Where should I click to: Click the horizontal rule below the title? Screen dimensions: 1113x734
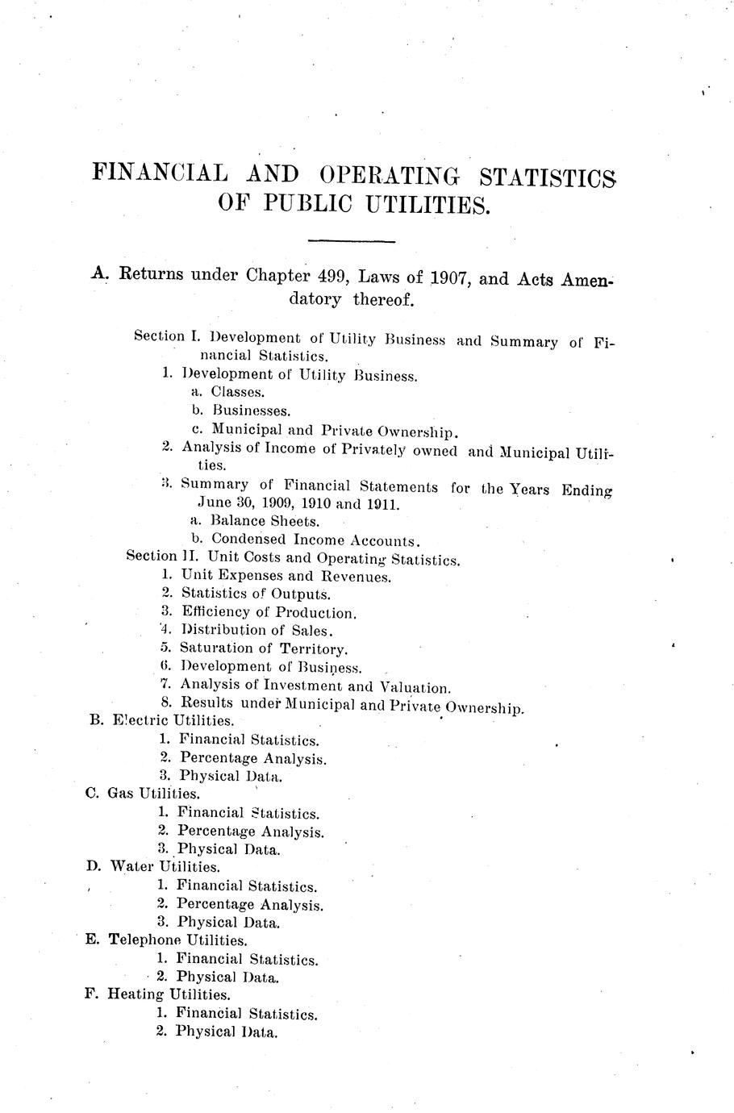[x=352, y=241]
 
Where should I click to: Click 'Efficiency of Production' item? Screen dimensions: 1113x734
[x=267, y=613]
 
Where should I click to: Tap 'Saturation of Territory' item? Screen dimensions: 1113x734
[x=263, y=649]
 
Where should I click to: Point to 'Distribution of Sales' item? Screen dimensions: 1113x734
[x=256, y=631]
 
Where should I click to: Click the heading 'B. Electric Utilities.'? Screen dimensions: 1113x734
[x=161, y=720]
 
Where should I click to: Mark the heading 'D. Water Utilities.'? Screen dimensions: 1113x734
[x=152, y=867]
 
